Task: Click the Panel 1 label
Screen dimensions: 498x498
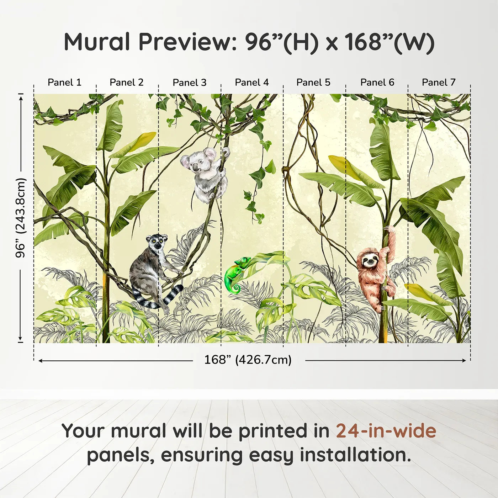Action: pos(64,83)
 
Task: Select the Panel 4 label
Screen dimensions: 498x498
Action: pos(252,83)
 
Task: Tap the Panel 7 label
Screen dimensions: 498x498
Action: pos(439,83)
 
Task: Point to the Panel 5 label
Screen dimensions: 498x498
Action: pos(313,83)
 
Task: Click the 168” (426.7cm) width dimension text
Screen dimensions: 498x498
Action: pos(248,360)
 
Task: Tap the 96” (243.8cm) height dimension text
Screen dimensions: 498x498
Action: pos(21,218)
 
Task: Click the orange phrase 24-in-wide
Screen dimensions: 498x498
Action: pos(386,431)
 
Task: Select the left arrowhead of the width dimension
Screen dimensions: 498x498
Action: pos(41,361)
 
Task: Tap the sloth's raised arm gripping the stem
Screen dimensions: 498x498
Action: pos(391,242)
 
